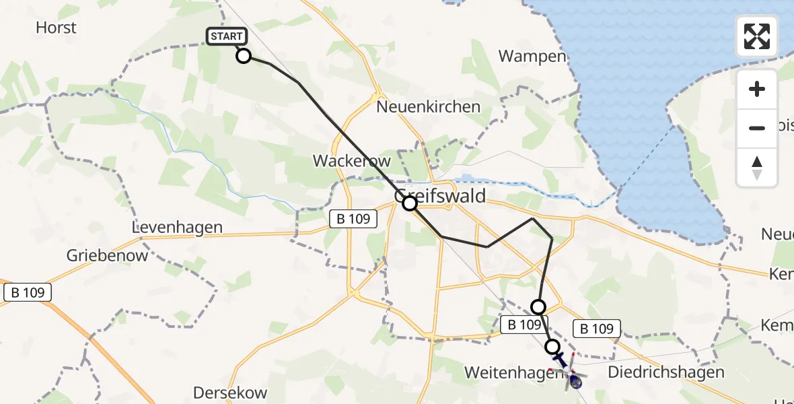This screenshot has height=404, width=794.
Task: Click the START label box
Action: [227, 36]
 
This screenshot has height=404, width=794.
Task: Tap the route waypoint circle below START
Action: [244, 56]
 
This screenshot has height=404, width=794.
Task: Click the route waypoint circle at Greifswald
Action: [410, 203]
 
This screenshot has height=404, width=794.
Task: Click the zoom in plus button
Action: [757, 89]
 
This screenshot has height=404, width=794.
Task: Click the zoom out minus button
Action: [757, 128]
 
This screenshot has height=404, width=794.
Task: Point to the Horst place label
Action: [56, 28]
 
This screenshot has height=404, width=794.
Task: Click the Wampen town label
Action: [532, 56]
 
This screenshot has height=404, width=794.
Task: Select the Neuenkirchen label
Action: [429, 106]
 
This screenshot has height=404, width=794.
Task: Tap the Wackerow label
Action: [342, 162]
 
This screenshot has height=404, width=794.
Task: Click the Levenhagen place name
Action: [178, 228]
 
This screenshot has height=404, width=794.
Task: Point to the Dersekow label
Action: [230, 393]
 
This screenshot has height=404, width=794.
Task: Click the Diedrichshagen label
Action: [665, 372]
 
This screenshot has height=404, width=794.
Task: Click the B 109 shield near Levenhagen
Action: [354, 218]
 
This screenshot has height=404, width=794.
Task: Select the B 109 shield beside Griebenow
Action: [28, 292]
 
